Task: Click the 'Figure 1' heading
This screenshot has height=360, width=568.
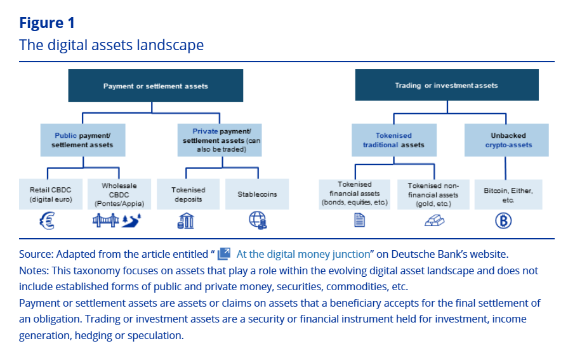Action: point(47,23)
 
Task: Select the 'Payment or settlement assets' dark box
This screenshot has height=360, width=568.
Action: point(156,86)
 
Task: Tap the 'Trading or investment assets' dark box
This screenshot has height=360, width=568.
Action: point(446,85)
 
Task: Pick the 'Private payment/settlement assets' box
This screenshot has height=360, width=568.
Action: point(218,140)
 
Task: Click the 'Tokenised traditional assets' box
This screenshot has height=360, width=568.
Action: point(394,140)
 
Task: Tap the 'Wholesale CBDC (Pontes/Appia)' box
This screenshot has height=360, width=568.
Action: point(119,194)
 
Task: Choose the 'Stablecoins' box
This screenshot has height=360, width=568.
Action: point(257,194)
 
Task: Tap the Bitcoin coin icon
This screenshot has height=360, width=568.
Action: point(503,220)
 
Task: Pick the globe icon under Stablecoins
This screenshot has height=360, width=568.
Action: point(257,220)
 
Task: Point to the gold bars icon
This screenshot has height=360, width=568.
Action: point(434,221)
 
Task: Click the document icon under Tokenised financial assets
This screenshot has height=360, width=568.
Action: point(359,221)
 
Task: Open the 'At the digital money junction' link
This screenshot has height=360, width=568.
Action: point(302,254)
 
